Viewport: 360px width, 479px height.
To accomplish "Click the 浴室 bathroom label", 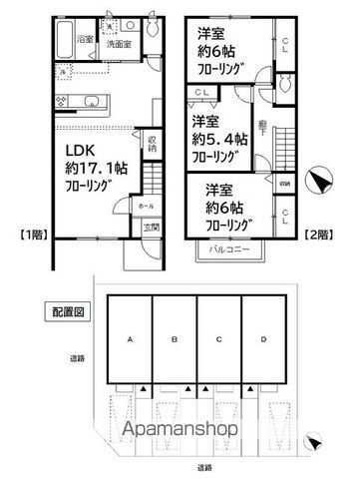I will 88,41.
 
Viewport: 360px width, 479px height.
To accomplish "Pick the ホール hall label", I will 147,205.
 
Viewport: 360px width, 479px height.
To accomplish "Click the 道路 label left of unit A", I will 76,356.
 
